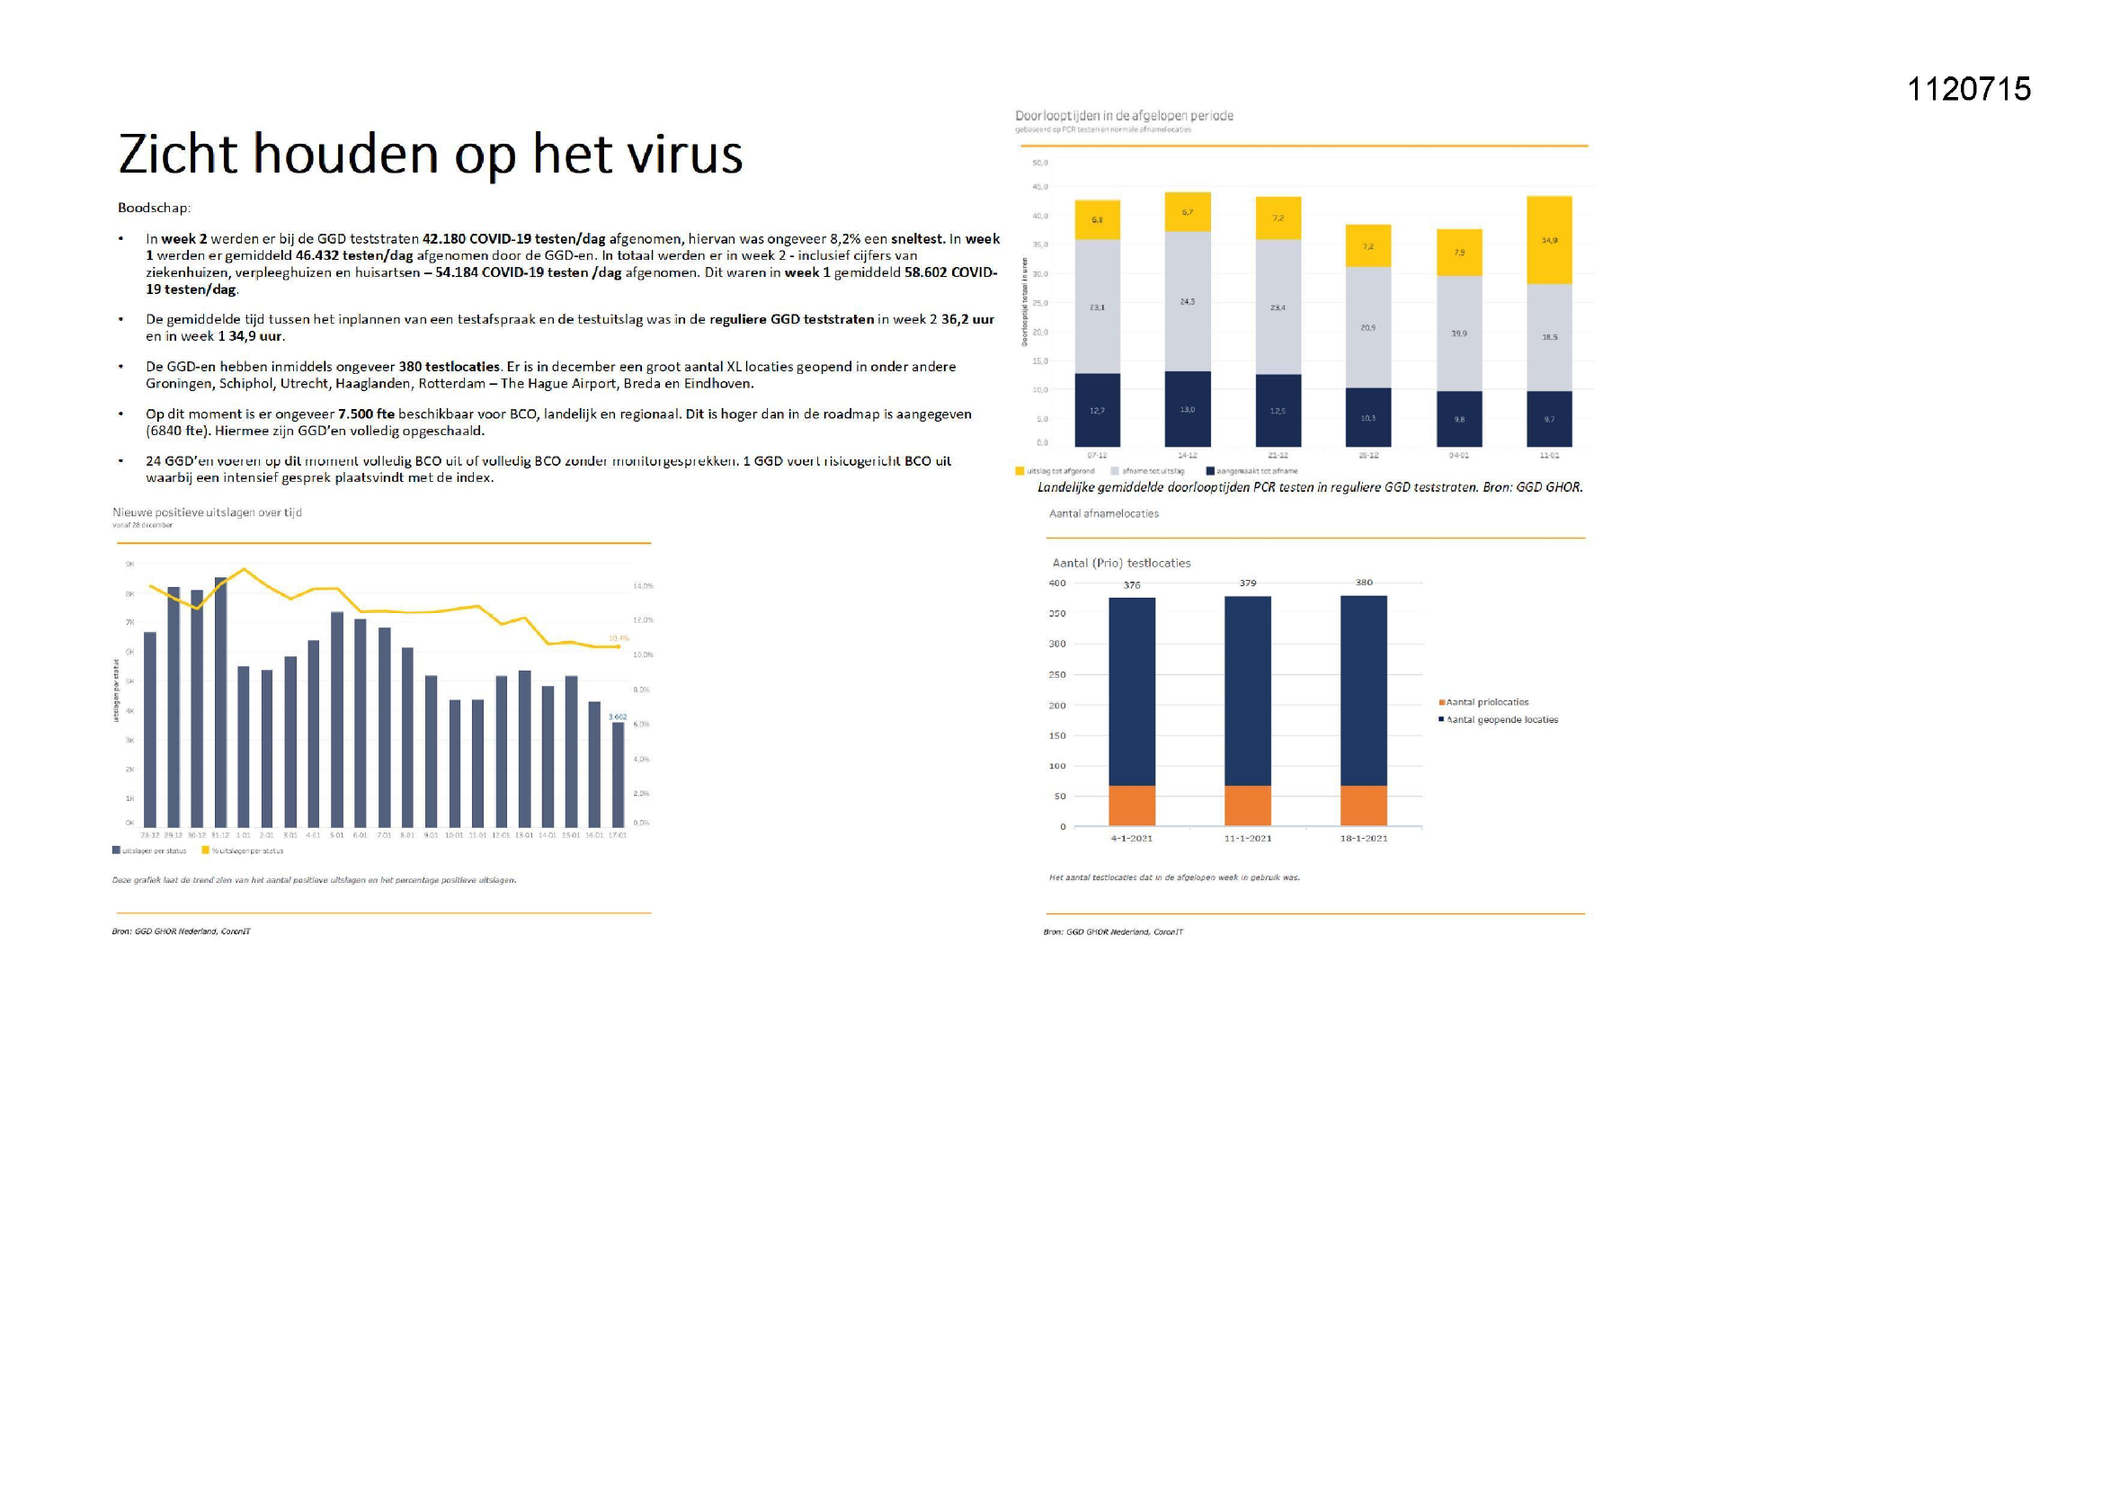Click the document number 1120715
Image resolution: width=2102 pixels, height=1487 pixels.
tap(1968, 89)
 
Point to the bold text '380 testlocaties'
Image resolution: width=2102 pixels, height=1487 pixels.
tap(449, 366)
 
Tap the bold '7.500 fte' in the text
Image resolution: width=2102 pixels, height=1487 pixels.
tap(365, 414)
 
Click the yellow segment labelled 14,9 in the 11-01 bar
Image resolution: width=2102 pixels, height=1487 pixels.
tap(1549, 240)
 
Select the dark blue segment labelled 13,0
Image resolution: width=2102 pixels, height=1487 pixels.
tap(1187, 409)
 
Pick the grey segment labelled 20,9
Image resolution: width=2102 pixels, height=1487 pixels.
tap(1367, 327)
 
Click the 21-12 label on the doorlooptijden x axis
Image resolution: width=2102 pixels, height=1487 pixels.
tap(1278, 455)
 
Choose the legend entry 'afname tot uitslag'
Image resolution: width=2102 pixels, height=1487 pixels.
tap(1153, 470)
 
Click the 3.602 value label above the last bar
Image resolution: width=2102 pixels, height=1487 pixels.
tap(618, 716)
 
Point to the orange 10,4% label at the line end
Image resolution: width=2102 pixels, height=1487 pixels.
tap(619, 638)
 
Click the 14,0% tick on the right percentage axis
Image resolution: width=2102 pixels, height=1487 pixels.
tap(643, 586)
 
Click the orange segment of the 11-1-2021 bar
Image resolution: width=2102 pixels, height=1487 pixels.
tap(1247, 806)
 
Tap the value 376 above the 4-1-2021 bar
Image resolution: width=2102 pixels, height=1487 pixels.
tap(1132, 585)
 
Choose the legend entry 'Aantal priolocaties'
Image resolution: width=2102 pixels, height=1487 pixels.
tap(1487, 702)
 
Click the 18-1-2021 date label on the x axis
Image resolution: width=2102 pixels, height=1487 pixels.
tap(1363, 838)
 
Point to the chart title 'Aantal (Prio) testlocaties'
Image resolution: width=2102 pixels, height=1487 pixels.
tap(1120, 563)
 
